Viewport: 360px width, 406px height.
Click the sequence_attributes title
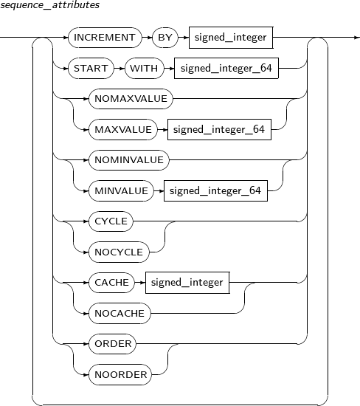(x=49, y=5)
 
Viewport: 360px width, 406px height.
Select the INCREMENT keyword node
(x=105, y=38)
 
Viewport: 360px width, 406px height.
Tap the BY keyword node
(x=165, y=38)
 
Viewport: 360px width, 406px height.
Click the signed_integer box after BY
(x=231, y=38)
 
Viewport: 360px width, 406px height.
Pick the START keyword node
(x=91, y=68)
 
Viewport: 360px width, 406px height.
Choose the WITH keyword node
(x=144, y=68)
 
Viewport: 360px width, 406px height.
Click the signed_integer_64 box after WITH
(x=226, y=68)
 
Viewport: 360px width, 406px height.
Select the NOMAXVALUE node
(x=131, y=99)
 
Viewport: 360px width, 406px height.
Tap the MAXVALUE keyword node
(x=123, y=129)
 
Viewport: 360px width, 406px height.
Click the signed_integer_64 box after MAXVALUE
(x=220, y=129)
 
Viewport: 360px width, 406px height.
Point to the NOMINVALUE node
(x=129, y=160)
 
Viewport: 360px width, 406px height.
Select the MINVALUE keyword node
(x=121, y=191)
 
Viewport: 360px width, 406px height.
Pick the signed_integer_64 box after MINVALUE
(x=215, y=191)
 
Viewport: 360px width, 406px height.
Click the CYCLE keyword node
(x=111, y=221)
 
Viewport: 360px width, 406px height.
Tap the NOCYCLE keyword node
(x=119, y=252)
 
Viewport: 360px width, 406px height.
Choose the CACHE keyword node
(x=112, y=283)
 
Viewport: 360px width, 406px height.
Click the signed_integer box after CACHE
(x=187, y=283)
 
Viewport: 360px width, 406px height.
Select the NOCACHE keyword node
(x=120, y=313)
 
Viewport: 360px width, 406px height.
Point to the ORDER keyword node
(x=112, y=344)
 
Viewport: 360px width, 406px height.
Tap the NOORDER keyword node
(x=120, y=375)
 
